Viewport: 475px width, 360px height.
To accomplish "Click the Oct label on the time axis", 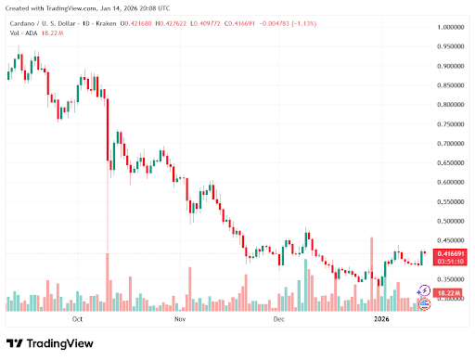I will coord(78,317).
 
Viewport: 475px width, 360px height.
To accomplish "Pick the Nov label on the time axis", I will coord(180,317).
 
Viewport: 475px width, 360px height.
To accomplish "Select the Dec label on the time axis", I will coord(279,317).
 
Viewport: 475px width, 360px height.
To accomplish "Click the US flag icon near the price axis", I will coord(424,302).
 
